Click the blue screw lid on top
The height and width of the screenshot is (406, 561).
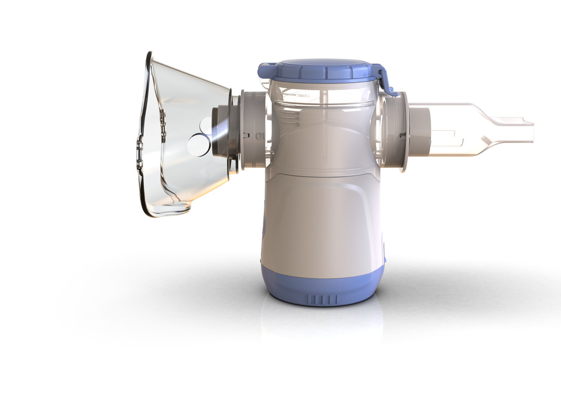coord(320,70)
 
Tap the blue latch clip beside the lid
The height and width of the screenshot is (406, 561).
coord(385,81)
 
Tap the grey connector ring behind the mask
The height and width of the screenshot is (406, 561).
coord(252,130)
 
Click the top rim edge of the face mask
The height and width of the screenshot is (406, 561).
coord(149,56)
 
